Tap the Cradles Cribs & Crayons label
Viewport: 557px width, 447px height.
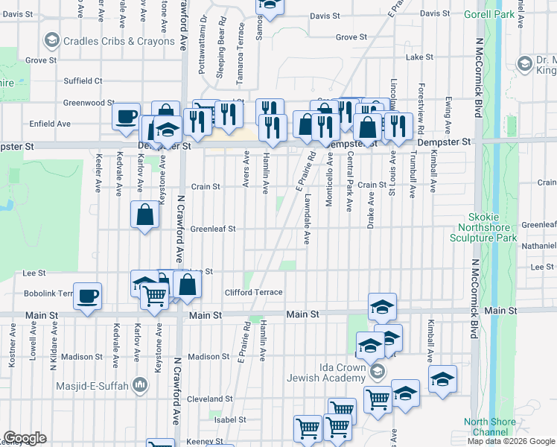(x=119, y=41)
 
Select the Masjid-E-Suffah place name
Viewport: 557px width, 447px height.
(x=92, y=385)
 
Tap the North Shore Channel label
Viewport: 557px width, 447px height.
(x=489, y=427)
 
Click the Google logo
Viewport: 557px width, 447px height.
(x=25, y=438)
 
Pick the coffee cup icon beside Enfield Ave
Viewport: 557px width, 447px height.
(x=126, y=116)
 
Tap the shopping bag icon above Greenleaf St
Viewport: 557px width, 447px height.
(x=144, y=216)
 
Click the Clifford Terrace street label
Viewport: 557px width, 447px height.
(x=254, y=293)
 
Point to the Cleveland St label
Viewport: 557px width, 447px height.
(x=206, y=399)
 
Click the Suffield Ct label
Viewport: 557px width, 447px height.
(x=83, y=80)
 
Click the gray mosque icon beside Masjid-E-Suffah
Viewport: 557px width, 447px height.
(x=139, y=384)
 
